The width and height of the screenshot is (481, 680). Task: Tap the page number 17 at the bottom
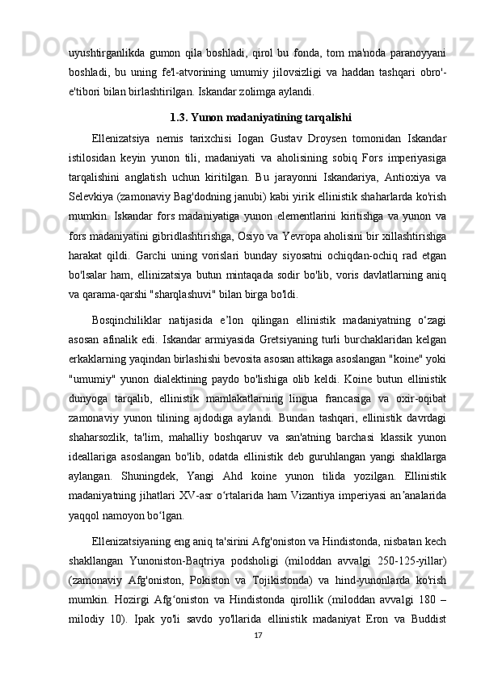tap(259, 658)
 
